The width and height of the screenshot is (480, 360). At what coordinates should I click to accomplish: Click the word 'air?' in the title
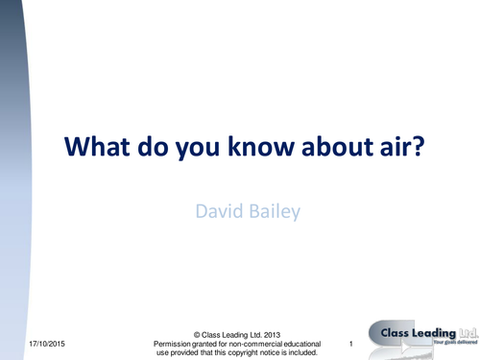396,149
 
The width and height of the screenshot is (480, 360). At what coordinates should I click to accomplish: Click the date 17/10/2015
50,344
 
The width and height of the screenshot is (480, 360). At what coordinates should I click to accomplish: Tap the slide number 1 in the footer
353,344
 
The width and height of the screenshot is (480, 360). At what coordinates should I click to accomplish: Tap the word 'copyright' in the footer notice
247,352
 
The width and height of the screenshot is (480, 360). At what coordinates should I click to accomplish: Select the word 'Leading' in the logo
430,332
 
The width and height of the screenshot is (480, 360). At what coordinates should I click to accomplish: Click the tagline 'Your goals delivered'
452,344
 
